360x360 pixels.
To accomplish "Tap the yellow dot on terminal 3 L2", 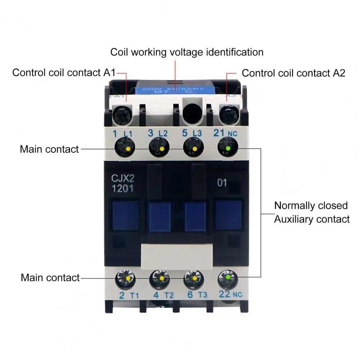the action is click(x=162, y=149).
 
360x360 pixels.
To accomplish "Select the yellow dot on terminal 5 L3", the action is click(x=195, y=149).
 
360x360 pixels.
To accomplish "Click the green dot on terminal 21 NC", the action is click(x=228, y=148).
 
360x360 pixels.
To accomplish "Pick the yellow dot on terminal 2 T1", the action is click(x=128, y=278).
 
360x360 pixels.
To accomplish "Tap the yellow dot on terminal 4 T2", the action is click(x=161, y=278).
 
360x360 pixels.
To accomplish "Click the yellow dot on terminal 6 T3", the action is click(x=195, y=278).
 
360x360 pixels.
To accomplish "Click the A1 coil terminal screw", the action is click(x=121, y=115).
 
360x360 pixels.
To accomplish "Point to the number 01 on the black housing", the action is click(x=222, y=183).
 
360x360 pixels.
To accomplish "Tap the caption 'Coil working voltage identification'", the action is click(x=187, y=52).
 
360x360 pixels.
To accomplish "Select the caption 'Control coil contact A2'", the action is click(x=293, y=73).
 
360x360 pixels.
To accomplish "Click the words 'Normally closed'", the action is click(x=311, y=206).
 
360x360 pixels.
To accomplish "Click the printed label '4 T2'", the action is click(x=161, y=295).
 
